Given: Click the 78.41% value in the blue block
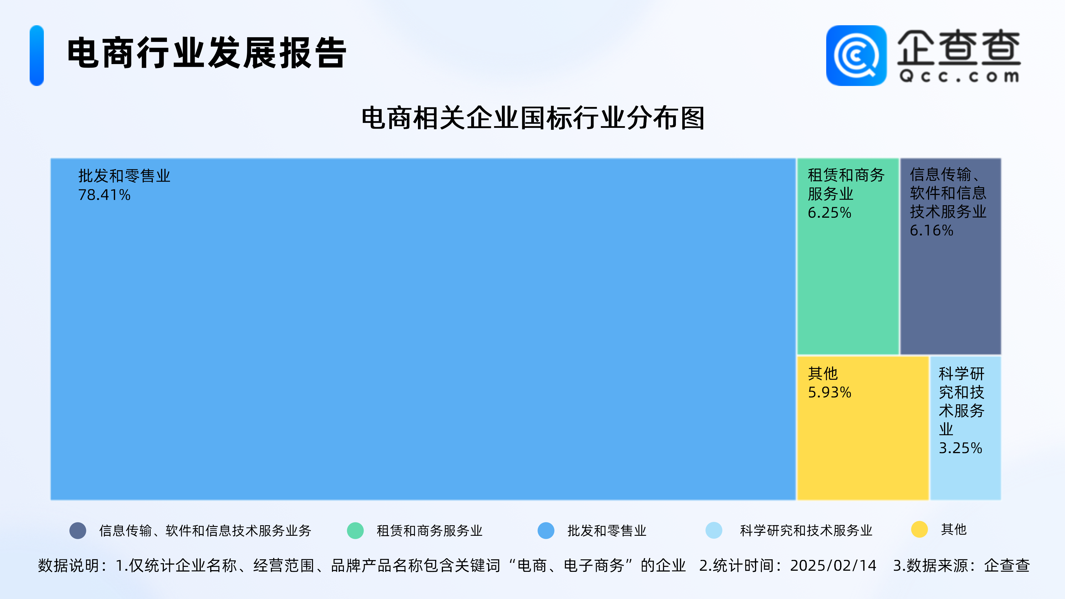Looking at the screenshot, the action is point(104,195).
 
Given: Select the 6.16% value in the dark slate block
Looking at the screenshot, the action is point(932,230).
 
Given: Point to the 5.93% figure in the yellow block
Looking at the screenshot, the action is point(829,392).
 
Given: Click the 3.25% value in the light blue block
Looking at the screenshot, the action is point(960,448).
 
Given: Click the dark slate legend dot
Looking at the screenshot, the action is point(78,531).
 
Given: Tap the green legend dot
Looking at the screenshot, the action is point(355,531).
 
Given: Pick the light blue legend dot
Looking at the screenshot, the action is point(714,531).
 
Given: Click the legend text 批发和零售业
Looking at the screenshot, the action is point(607,531).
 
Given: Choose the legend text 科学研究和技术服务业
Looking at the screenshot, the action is point(806,531).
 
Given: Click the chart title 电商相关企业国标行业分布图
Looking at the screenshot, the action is point(533,118).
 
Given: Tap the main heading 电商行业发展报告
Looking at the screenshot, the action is point(207,53).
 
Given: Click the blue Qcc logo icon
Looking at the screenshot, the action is point(856,55).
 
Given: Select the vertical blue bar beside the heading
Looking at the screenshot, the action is point(37,55).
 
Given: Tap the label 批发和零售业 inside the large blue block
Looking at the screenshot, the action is point(124,176).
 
